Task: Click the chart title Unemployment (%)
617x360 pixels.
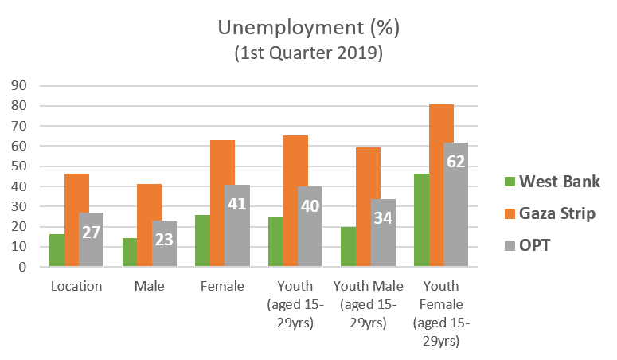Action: tap(308, 29)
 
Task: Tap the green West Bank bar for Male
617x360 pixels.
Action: tap(129, 252)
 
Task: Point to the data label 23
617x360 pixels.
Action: tap(164, 238)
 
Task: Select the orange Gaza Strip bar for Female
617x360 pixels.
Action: tap(222, 203)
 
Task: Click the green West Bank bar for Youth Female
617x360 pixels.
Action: tap(420, 220)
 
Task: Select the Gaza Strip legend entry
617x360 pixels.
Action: tap(549, 213)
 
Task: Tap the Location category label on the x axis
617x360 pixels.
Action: tap(76, 286)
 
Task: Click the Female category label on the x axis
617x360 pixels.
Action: tap(222, 286)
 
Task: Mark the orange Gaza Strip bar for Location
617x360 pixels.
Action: tap(76, 220)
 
